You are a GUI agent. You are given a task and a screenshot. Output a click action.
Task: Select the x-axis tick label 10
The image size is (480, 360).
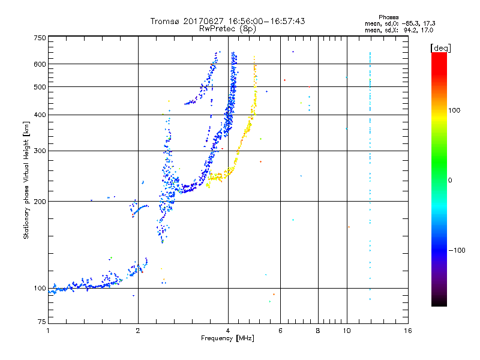click(x=346, y=331)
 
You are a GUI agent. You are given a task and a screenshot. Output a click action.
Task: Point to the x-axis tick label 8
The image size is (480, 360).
click(x=318, y=331)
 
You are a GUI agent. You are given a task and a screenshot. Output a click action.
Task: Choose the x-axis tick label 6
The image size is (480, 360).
click(x=281, y=331)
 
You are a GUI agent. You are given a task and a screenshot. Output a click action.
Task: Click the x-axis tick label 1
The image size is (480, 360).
click(x=48, y=331)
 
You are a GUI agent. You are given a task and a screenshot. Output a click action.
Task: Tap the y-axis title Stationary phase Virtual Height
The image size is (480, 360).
click(x=26, y=180)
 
